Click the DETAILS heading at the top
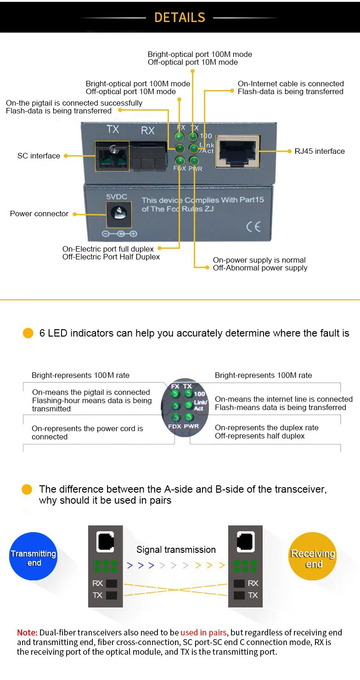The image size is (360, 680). (180, 17)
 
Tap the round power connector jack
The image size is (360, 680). (119, 214)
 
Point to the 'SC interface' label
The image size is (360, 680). (39, 156)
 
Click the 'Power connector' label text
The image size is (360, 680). (39, 214)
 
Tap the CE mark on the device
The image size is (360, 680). (253, 226)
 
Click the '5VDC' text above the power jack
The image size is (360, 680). (117, 197)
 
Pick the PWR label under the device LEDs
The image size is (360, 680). (195, 169)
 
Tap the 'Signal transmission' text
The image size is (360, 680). (176, 550)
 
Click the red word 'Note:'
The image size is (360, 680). (27, 633)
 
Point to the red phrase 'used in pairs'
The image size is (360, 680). (203, 633)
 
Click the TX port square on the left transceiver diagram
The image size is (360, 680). (112, 596)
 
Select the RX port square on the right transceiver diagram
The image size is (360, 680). (239, 584)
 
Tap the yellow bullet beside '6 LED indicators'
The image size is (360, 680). (28, 333)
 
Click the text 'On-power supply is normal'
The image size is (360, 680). (259, 260)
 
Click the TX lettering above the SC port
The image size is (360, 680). (112, 129)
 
